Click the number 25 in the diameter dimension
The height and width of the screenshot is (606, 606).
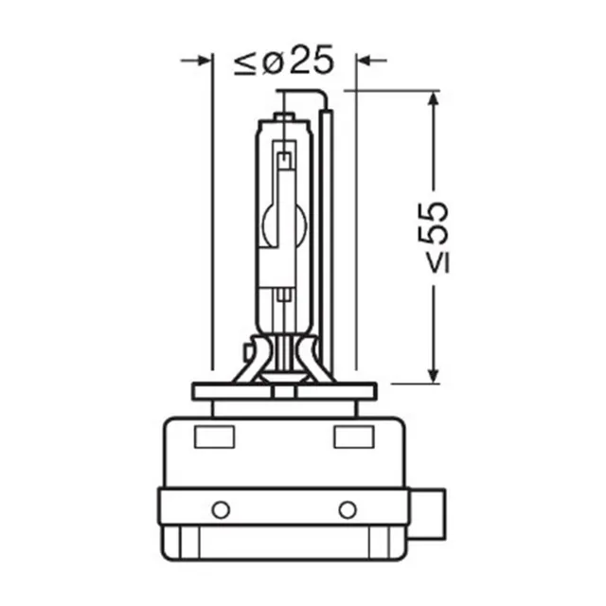(312, 60)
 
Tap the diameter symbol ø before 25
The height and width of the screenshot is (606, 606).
(275, 62)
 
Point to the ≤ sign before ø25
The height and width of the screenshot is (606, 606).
(245, 63)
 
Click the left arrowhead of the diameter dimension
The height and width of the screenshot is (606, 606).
(205, 61)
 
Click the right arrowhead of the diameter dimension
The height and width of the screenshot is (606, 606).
(364, 61)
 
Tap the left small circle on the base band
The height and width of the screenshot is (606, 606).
(221, 509)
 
